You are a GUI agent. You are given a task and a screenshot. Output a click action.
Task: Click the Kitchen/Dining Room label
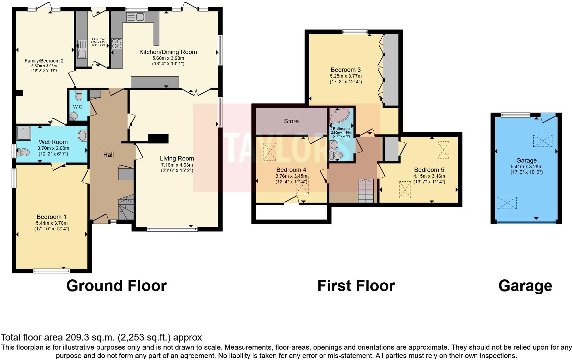(168, 52)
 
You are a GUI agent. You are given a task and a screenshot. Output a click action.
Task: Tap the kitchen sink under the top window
(135, 17)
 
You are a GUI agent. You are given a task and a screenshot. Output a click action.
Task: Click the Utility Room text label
(98, 39)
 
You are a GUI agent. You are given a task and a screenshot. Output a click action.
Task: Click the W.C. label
(78, 107)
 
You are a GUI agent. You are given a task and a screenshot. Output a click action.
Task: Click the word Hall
(108, 155)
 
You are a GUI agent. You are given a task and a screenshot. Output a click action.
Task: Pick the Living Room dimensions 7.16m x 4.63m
(177, 165)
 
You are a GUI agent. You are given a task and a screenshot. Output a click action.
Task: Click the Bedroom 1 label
(49, 217)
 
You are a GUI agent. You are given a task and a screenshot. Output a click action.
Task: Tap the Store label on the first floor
(291, 121)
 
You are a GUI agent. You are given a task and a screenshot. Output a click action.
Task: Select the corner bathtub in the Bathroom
(340, 116)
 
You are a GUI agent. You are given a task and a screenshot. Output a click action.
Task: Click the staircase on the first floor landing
(366, 191)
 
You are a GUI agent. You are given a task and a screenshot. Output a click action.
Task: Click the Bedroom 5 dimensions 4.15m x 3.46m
(429, 176)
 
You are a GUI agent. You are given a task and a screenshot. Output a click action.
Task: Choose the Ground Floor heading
(116, 286)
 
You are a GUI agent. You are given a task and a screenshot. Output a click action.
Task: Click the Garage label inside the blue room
(526, 161)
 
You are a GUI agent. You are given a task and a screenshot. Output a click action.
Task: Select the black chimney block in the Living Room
(158, 138)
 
